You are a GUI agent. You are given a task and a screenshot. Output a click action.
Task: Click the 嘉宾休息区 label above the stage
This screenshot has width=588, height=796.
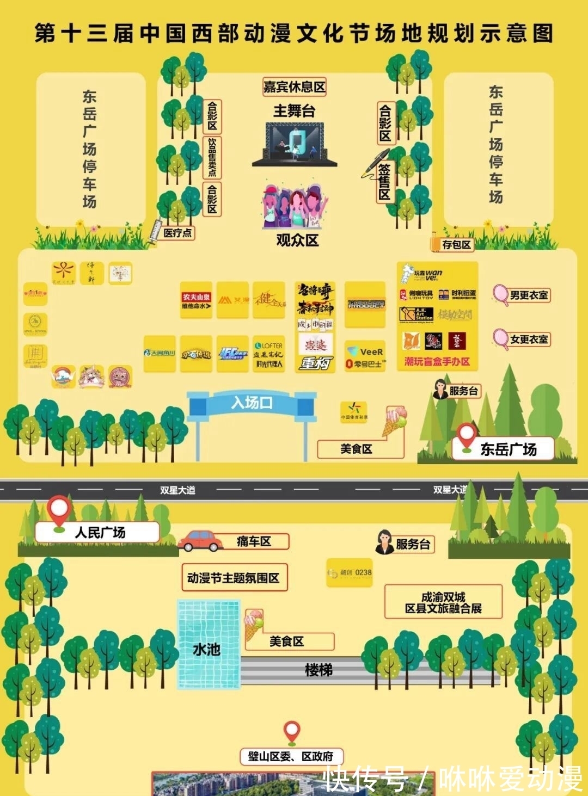(x=294, y=87)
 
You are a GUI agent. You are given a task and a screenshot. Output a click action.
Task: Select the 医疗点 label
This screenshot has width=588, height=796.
(x=178, y=233)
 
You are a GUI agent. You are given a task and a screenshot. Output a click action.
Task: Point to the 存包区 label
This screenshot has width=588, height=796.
(x=456, y=245)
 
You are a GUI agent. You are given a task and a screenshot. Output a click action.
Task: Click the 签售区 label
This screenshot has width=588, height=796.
(x=385, y=182)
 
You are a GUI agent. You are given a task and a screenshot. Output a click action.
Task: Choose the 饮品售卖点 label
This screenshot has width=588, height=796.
(x=212, y=157)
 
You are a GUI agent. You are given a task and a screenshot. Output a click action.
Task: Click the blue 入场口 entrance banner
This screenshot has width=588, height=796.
(x=252, y=403)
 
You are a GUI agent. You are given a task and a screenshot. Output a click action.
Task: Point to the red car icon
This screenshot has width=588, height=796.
(x=200, y=541)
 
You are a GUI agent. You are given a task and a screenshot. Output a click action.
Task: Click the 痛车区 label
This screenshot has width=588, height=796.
(x=254, y=541)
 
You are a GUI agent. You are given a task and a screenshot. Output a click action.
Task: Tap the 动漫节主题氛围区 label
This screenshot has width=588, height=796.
(x=233, y=578)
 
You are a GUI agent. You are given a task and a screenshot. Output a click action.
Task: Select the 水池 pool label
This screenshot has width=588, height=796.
(x=207, y=649)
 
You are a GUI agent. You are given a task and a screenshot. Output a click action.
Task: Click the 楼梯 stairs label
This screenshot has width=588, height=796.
(x=318, y=670)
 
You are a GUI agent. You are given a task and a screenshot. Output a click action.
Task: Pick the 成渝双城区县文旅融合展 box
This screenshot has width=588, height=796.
(x=443, y=602)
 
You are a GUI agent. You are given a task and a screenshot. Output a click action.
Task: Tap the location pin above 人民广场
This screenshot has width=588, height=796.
(x=59, y=511)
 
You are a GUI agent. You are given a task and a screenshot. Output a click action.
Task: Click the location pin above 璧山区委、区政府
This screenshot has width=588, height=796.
(x=292, y=732)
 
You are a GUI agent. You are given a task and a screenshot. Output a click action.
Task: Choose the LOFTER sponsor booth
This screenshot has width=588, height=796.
(x=268, y=354)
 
